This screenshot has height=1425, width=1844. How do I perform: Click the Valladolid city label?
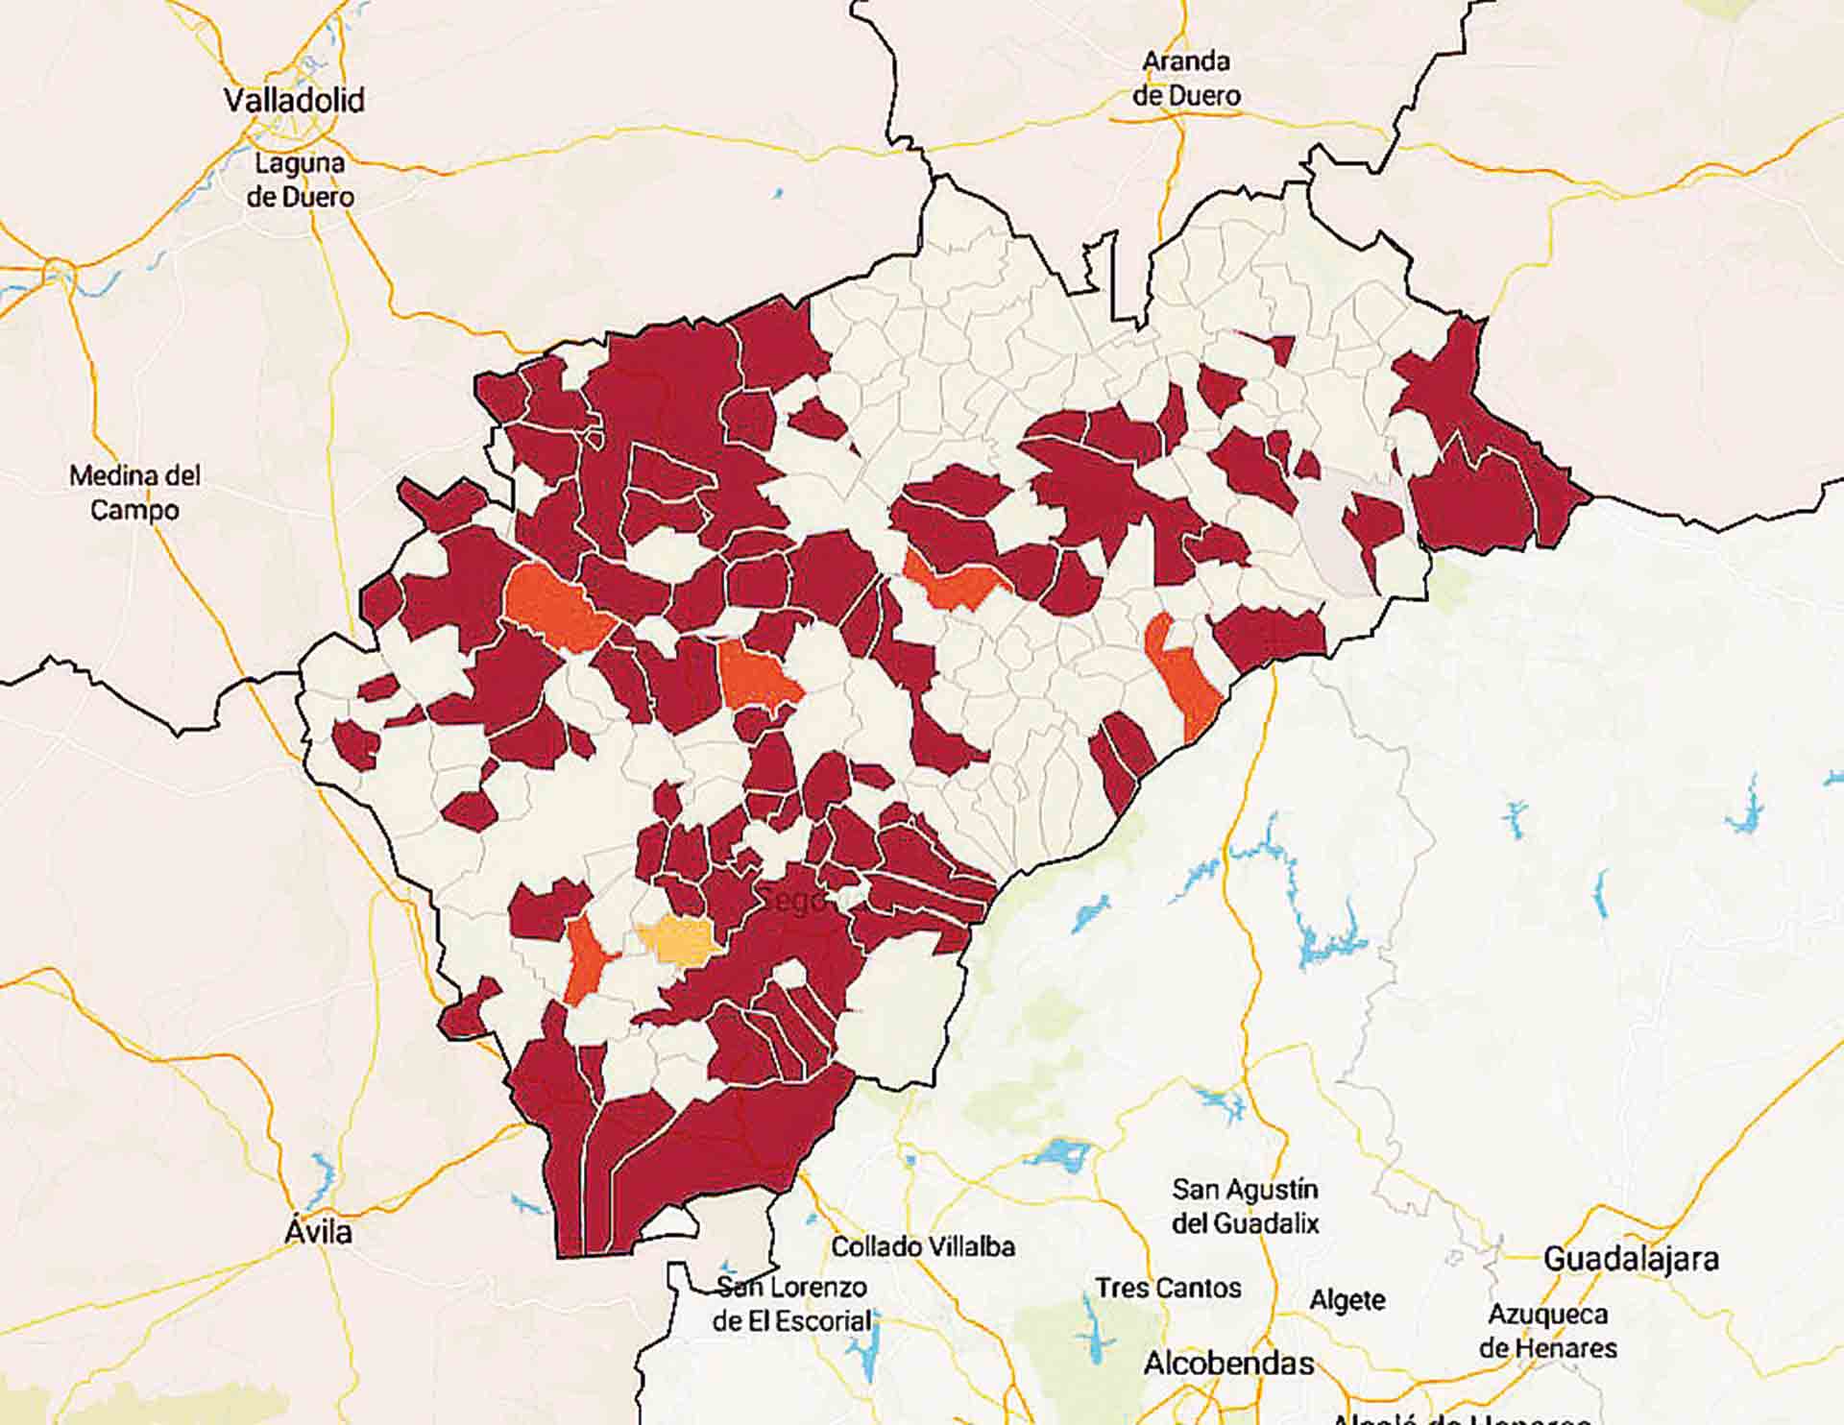coord(294,100)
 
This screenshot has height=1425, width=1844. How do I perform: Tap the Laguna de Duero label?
coord(300,180)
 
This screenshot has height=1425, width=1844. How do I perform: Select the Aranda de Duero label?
coord(1186,78)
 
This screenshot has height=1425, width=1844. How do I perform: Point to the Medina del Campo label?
coord(135,492)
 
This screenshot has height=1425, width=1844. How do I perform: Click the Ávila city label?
coord(319,1231)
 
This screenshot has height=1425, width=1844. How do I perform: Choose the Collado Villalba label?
coord(922,1246)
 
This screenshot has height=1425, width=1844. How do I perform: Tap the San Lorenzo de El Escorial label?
coord(792,1303)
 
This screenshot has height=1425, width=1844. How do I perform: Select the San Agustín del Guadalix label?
coord(1245,1206)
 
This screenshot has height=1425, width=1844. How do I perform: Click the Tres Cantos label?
coord(1168,1288)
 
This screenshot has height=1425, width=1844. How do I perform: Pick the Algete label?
coord(1347,1300)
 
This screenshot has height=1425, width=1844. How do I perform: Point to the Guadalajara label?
coord(1631,1259)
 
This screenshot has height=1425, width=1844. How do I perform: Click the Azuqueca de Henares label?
coord(1547,1330)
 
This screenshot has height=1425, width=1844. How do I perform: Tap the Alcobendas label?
coord(1228,1363)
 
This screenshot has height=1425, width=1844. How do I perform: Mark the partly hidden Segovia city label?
coord(795,901)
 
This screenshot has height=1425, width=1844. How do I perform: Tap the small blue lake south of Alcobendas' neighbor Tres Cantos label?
coord(1095,1340)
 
